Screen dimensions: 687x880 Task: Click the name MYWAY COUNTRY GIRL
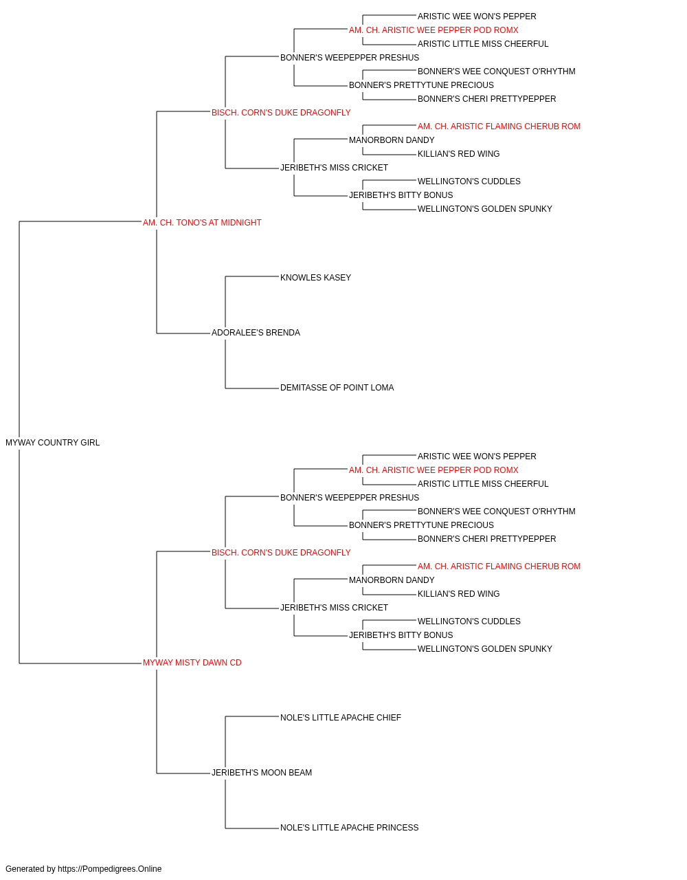click(x=53, y=443)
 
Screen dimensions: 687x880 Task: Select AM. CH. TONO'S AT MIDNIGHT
click(x=202, y=223)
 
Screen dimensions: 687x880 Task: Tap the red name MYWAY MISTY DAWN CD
click(x=192, y=663)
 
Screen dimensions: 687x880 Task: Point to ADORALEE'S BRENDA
click(x=256, y=333)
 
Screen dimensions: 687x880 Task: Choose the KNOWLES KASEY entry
click(x=315, y=277)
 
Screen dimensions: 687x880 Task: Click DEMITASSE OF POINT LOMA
click(x=337, y=388)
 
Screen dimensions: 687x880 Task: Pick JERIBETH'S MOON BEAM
click(x=262, y=772)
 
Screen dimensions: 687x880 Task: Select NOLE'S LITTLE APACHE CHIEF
click(x=341, y=718)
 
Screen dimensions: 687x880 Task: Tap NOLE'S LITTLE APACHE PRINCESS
click(x=350, y=827)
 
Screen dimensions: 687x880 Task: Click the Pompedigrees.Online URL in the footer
click(x=110, y=869)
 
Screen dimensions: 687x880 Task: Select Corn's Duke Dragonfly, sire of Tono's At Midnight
click(x=281, y=113)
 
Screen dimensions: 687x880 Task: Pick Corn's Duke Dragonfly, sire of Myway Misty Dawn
click(x=281, y=552)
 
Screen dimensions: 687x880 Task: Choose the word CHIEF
click(x=389, y=718)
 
